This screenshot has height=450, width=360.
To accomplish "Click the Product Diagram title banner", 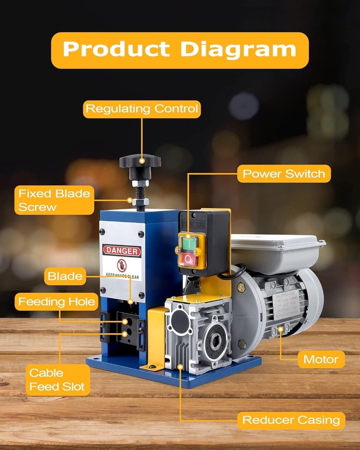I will (180, 49).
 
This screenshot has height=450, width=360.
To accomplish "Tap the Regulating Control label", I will (142, 109).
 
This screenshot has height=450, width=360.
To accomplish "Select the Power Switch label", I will (283, 174).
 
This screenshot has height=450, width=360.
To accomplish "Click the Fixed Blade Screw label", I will (54, 200).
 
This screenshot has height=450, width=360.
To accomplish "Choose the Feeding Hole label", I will (57, 301).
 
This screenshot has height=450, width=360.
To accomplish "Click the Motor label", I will (321, 359).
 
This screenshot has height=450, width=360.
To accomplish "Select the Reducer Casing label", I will (291, 420).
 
